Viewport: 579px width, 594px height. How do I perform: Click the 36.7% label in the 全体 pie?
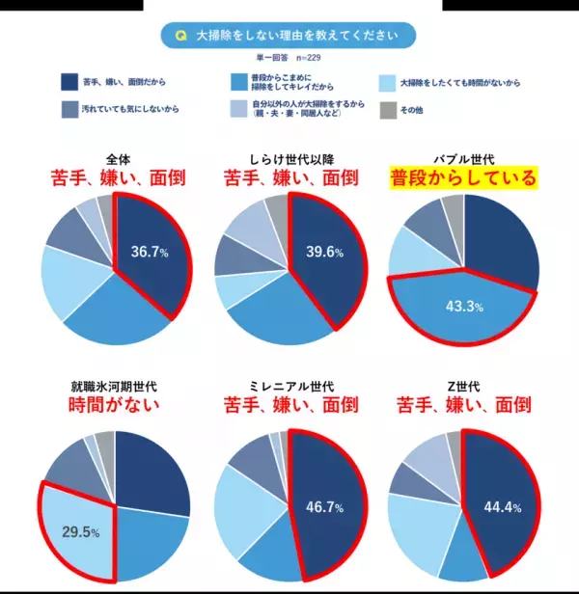[151, 253]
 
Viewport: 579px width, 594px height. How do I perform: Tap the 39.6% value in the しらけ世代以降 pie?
[326, 253]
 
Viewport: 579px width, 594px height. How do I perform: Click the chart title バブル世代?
[463, 157]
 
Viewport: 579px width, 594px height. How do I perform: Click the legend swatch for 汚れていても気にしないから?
[69, 109]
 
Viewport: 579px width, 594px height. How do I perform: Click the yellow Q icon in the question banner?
[180, 36]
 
